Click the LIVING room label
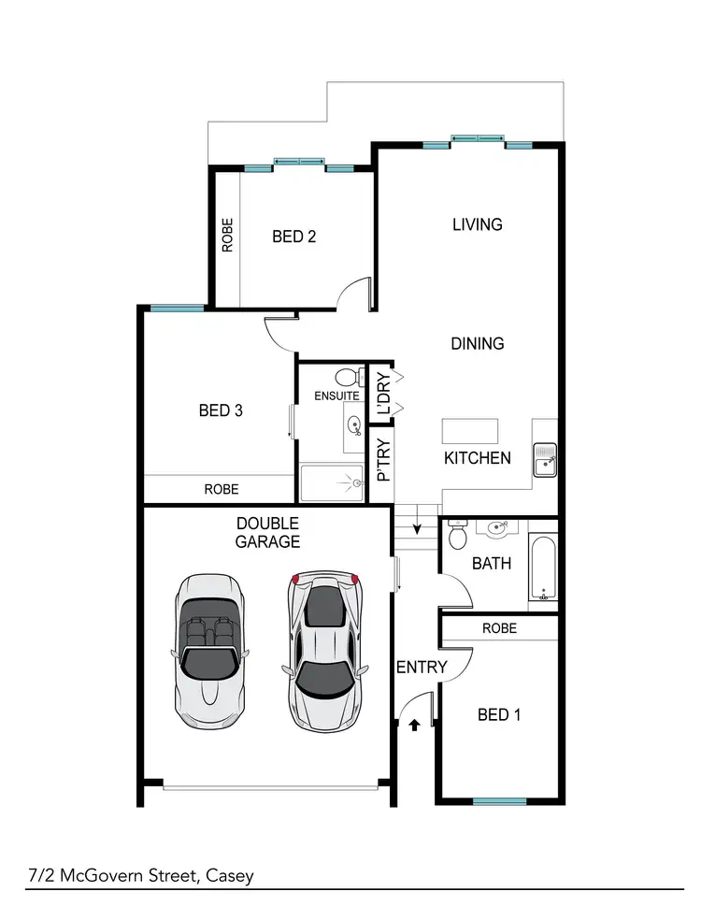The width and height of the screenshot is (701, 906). (x=477, y=224)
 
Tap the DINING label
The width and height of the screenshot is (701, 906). (x=477, y=343)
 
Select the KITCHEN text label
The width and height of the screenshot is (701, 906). (x=477, y=457)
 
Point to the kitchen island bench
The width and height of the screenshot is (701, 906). (x=470, y=431)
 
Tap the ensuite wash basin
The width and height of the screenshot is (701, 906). (x=354, y=426)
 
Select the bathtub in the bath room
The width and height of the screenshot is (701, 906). (x=542, y=568)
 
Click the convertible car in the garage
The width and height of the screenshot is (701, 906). (x=209, y=651)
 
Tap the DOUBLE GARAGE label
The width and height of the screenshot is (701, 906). (x=267, y=532)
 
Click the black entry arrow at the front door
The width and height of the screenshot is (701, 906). (x=413, y=723)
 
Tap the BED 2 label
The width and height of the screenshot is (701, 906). (x=293, y=237)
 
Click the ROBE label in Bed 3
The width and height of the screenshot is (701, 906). (x=221, y=489)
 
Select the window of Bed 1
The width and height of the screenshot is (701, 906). (x=499, y=801)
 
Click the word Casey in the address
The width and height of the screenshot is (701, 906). (x=230, y=876)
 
